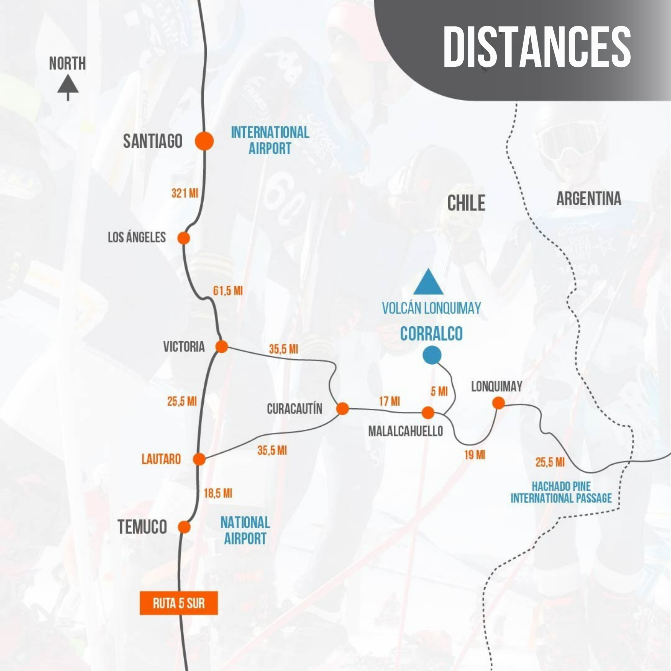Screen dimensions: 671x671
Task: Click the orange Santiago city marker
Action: coord(204,141)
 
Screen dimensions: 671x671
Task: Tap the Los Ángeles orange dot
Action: coord(184,238)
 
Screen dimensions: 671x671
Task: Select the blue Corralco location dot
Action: coord(432,355)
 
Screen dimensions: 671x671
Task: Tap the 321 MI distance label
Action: coord(184,193)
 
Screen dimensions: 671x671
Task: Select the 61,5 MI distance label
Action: coord(228,291)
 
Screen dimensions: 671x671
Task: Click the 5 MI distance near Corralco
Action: coord(439,391)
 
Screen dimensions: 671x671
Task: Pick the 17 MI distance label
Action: coord(389,401)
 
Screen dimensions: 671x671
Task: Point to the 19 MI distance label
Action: coord(474,455)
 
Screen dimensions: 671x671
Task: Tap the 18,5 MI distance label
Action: coord(218,493)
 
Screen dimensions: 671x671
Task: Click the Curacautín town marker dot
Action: coord(342,408)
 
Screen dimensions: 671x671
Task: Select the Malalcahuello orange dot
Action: coord(428,413)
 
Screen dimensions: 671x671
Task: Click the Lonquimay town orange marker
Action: coord(499,403)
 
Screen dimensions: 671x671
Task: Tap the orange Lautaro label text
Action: coord(161,459)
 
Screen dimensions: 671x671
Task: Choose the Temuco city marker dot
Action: coord(184,527)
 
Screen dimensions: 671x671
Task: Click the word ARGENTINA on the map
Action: coord(589,199)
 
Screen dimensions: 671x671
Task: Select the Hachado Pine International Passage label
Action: coord(561,492)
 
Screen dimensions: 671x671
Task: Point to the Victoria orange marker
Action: coord(222,346)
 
